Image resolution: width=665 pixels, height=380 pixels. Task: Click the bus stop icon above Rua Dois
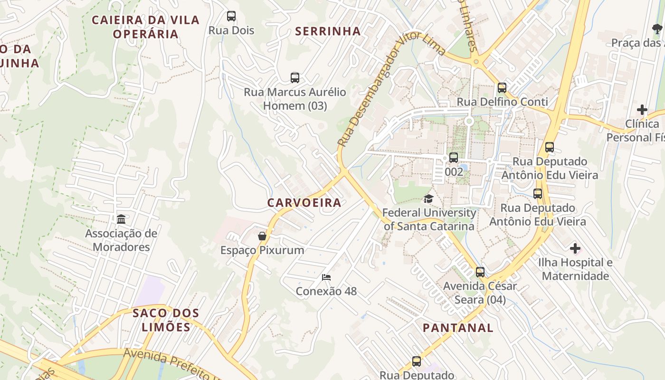coord(231,16)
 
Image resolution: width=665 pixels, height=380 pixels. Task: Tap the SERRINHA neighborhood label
coord(328,31)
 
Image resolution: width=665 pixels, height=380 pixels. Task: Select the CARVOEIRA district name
coord(304,202)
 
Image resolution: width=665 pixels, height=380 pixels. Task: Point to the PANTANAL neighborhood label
coord(458,328)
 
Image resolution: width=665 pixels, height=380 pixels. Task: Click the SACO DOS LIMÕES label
coord(166,320)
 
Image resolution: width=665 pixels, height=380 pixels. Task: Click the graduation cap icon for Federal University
coord(429,199)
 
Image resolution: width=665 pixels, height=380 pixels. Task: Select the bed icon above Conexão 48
coord(326,277)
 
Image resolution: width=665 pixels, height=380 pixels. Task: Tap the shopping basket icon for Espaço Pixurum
coord(262,236)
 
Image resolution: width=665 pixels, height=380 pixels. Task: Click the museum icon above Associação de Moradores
coord(121,219)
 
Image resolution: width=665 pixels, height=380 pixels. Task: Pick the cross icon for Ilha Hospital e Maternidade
coord(575,248)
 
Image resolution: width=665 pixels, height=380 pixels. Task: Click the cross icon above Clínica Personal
coord(642,110)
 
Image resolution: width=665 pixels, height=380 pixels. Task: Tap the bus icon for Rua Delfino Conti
coord(502,88)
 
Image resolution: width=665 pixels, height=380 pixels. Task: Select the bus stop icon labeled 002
coord(454,158)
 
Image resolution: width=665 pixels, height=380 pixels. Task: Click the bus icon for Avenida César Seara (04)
coord(480,272)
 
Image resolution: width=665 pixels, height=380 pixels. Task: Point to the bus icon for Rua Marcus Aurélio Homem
coord(295,78)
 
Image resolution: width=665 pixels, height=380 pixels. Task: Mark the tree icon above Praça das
coord(657,29)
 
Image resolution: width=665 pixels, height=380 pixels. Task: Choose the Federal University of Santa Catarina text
coord(429,219)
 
